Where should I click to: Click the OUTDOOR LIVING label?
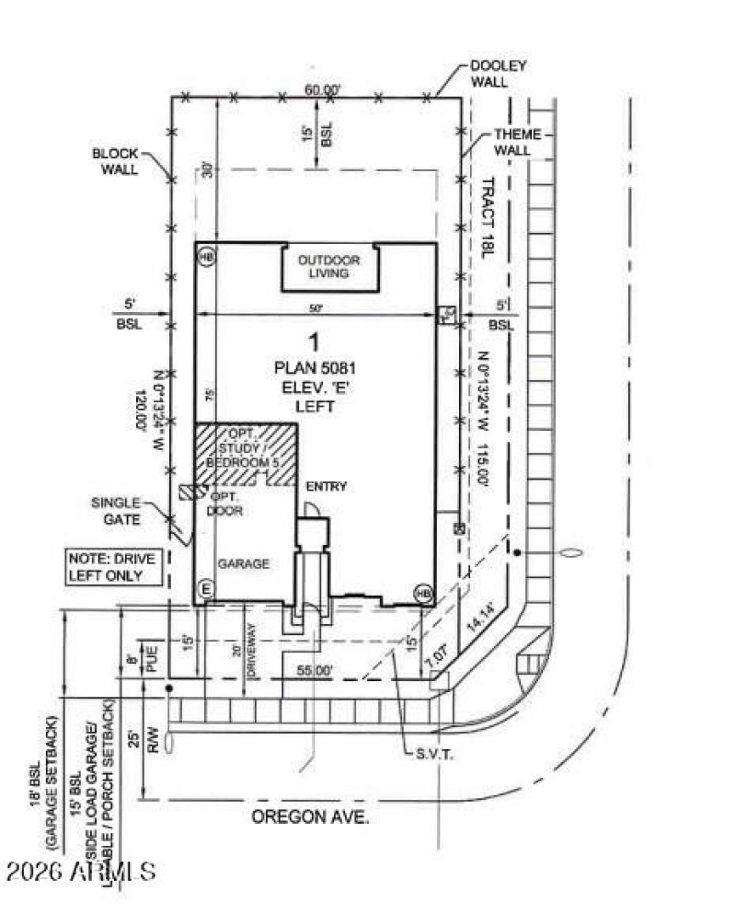(328, 267)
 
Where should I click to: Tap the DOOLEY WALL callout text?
(498, 75)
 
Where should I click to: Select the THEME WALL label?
(517, 142)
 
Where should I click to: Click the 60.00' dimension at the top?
(324, 89)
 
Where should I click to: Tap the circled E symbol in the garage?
(205, 589)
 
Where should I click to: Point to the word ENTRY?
(326, 486)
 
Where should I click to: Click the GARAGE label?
(243, 564)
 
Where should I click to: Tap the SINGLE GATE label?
(115, 511)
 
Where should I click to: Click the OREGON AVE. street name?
(311, 817)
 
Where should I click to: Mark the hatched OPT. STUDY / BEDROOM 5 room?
(246, 453)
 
